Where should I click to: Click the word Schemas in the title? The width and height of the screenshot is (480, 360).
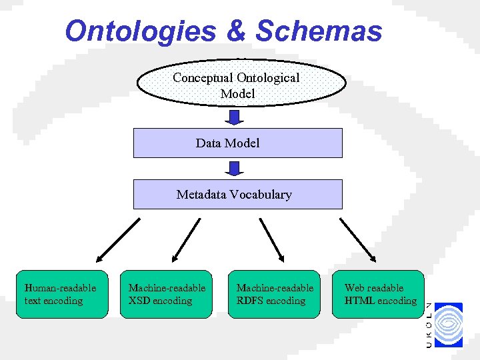[319, 31]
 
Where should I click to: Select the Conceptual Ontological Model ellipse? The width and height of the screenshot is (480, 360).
[241, 85]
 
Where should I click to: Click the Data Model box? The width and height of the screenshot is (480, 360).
[237, 143]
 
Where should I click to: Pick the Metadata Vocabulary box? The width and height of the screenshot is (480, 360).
[237, 195]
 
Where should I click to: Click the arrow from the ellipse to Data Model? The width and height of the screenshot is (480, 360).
[234, 117]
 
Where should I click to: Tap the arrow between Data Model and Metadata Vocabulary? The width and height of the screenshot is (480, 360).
[234, 169]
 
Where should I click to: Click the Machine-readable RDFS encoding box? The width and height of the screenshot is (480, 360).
[275, 294]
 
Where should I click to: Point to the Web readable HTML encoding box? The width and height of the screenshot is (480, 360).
[379, 294]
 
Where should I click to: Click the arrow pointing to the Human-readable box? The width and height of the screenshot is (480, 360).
[117, 240]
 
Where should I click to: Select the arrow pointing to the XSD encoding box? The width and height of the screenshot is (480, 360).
[185, 240]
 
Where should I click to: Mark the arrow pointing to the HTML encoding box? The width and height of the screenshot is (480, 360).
[358, 240]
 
